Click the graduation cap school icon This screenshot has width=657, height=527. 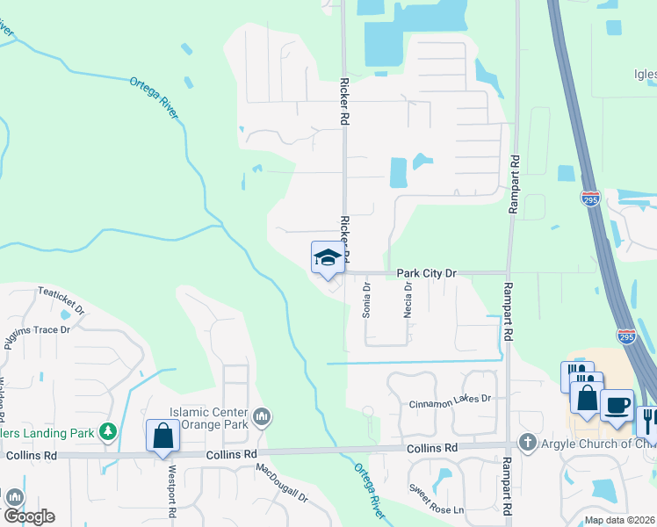[327, 257]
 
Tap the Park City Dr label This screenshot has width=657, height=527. [427, 273]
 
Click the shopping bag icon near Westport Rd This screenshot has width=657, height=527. [162, 435]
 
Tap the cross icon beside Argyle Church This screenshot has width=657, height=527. [527, 441]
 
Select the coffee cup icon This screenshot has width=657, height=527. [617, 406]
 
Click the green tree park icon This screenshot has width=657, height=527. [107, 431]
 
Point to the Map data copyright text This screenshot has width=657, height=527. [619, 520]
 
